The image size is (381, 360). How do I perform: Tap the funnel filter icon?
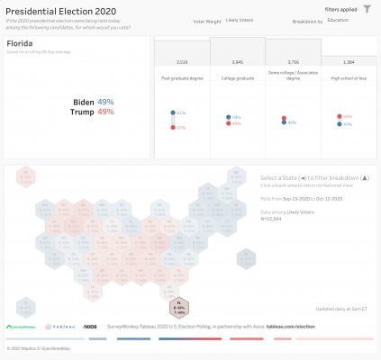point(366,9)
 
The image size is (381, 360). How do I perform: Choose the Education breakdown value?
point(339,18)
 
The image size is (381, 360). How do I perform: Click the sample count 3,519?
point(181,62)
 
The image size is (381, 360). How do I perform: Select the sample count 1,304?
point(349,62)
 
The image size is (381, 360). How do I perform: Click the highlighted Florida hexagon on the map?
point(180,306)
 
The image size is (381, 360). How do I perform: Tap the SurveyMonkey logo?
point(21,327)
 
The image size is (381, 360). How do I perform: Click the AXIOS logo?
point(89,327)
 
